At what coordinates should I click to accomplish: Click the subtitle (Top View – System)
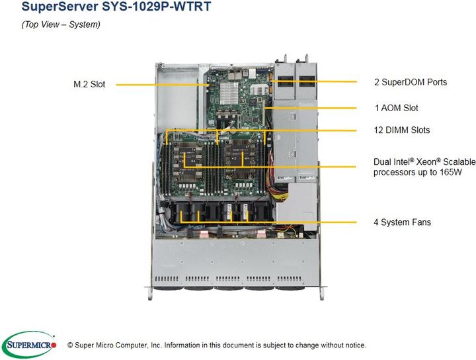[61, 25]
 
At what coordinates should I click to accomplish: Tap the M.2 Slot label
[89, 85]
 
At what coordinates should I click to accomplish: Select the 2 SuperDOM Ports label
[410, 82]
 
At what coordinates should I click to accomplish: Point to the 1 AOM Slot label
[396, 108]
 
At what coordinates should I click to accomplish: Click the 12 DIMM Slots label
[401, 130]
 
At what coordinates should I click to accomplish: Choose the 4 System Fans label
[402, 222]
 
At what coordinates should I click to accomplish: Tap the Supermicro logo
[29, 344]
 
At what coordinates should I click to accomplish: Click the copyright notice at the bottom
[216, 345]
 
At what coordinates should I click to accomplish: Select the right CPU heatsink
[242, 157]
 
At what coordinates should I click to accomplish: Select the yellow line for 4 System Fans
[317, 222]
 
